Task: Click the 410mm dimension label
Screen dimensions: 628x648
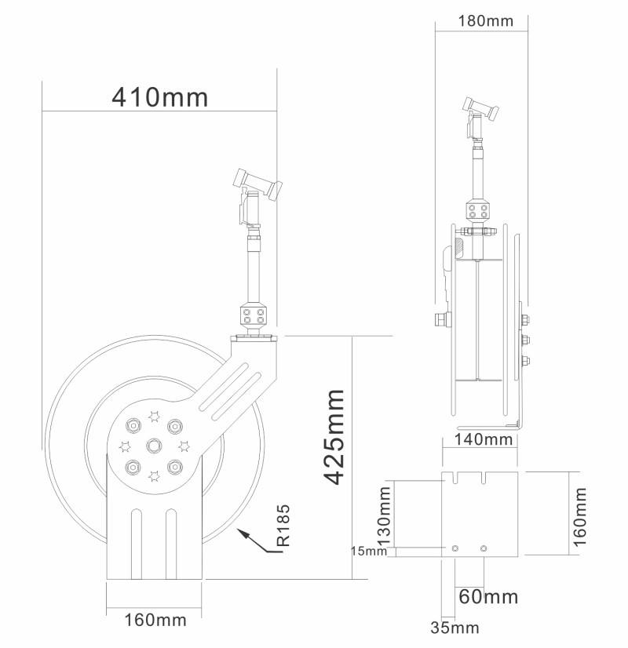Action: tap(159, 97)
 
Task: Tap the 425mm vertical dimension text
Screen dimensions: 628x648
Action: tap(334, 436)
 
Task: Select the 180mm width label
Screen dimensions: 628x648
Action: tap(485, 20)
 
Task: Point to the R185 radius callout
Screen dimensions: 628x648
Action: tap(283, 526)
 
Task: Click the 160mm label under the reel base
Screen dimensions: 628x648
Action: tap(155, 620)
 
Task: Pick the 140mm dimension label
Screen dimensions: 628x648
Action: tap(484, 439)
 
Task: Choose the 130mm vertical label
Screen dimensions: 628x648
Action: tap(384, 515)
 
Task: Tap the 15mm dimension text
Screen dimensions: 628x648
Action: tap(369, 551)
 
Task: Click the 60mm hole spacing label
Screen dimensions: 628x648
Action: tap(488, 596)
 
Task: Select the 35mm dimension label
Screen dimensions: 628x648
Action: tap(455, 628)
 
